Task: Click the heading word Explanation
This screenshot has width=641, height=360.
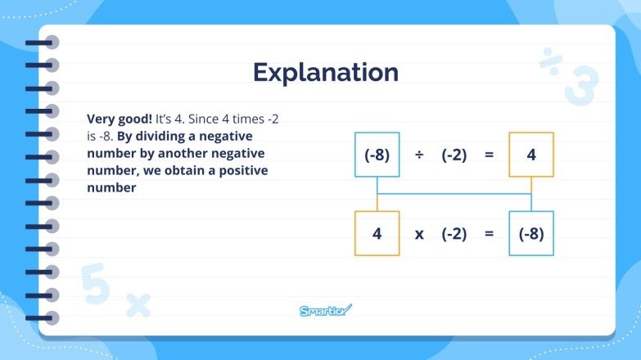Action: pos(325,73)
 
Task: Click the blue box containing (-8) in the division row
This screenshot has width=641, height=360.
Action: pos(377,155)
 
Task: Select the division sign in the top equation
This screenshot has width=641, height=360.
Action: pos(419,155)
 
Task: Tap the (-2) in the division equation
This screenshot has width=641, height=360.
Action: pos(454,155)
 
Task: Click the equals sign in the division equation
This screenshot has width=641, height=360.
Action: pos(490,155)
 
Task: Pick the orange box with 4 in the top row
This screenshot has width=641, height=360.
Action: pos(530,155)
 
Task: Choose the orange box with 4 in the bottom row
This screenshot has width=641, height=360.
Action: pos(377,233)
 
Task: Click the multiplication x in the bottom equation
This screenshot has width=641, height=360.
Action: pos(419,234)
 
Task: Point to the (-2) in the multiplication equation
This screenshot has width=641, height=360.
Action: pos(454,233)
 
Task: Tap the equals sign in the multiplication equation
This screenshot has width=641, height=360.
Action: pos(490,233)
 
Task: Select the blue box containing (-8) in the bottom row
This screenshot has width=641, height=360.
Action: pos(530,233)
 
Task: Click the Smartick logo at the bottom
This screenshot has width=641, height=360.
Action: pos(324,310)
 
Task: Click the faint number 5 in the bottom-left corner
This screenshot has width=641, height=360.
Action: pos(97,285)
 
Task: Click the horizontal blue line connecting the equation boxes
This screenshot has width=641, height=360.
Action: pos(454,194)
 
